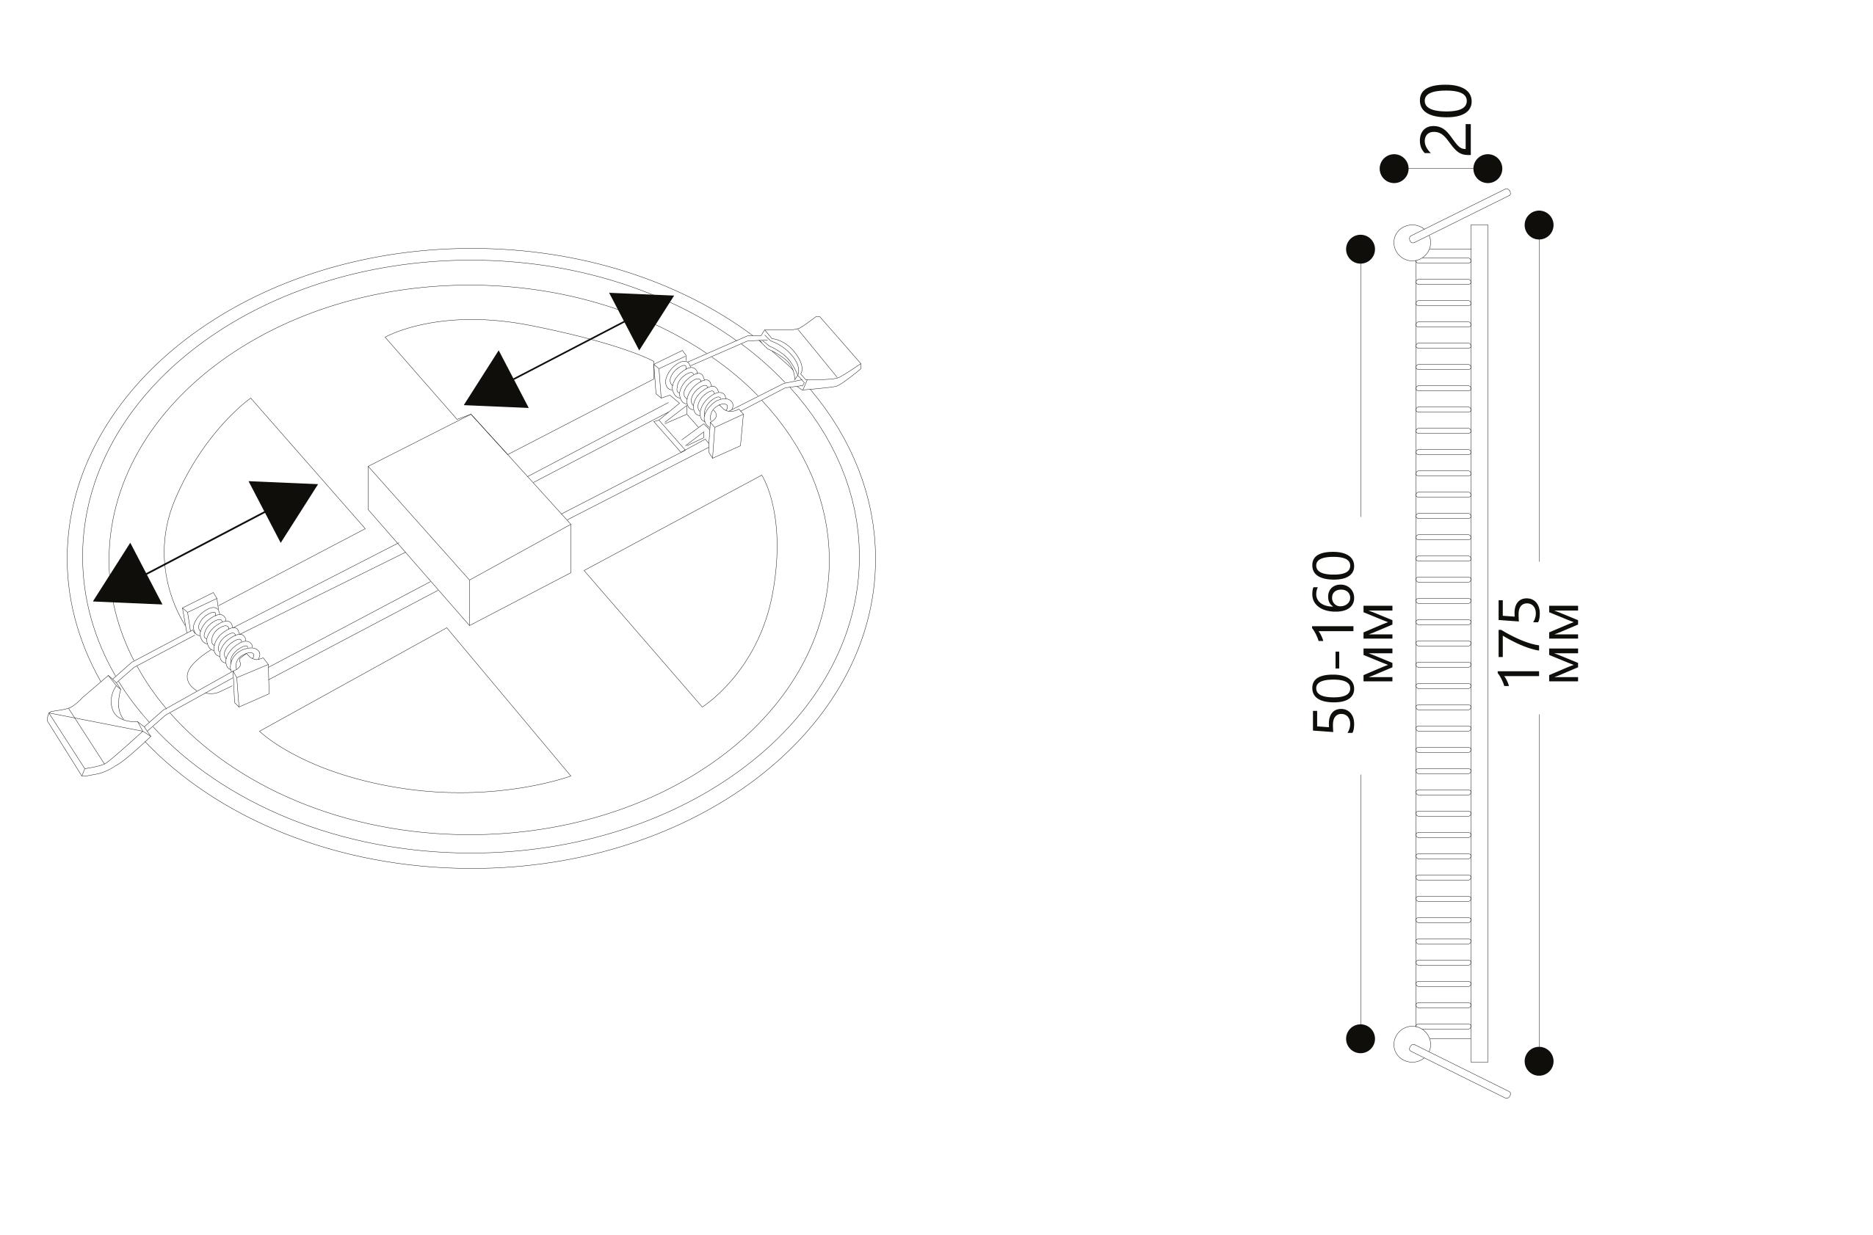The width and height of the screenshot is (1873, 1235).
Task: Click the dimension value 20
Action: (x=1445, y=120)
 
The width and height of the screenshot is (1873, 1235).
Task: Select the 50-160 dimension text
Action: (x=1333, y=643)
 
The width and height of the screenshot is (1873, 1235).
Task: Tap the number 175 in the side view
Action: (x=1518, y=643)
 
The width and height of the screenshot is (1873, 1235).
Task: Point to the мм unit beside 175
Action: (x=1564, y=644)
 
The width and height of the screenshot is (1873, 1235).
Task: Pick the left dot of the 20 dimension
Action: (x=1395, y=169)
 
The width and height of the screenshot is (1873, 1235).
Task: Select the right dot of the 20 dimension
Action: (x=1488, y=169)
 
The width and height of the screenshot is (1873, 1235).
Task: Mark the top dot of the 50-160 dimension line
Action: (x=1361, y=249)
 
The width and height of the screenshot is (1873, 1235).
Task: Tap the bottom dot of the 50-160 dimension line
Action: (x=1361, y=1039)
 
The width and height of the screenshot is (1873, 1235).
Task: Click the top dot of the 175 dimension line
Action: (x=1539, y=225)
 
